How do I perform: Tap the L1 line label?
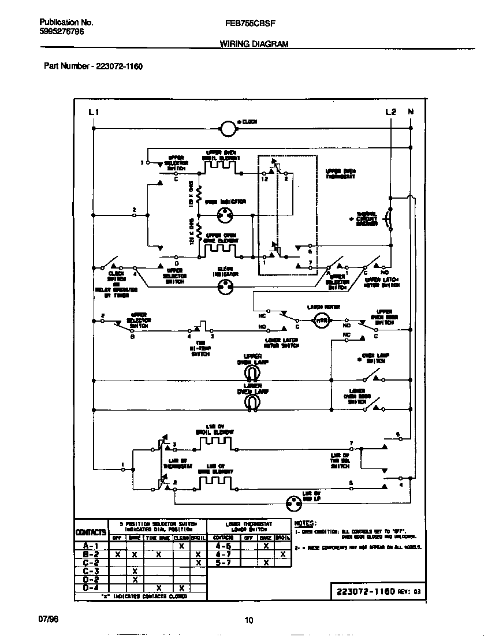click(94, 112)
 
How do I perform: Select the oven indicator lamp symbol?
click(225, 215)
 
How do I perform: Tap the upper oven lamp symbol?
click(252, 373)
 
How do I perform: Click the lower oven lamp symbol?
click(252, 403)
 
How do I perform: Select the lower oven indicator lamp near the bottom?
click(295, 504)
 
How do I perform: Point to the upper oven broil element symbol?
click(220, 166)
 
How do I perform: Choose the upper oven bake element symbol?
click(220, 249)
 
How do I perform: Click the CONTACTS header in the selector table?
click(91, 531)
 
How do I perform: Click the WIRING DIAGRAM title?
click(254, 44)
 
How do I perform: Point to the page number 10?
click(249, 620)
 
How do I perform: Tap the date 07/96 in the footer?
click(49, 619)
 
